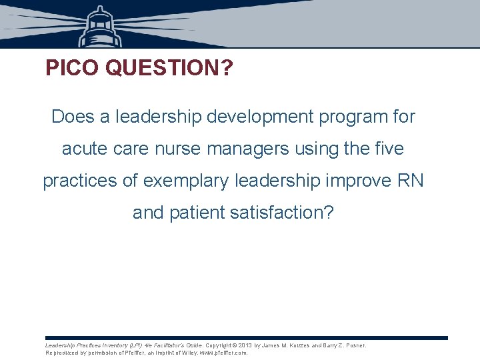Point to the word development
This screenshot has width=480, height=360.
[257, 117]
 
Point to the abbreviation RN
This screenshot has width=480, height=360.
[411, 181]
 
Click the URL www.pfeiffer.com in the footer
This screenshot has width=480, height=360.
[223, 353]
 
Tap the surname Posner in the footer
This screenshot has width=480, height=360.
[355, 345]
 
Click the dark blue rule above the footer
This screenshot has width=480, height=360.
[247, 338]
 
